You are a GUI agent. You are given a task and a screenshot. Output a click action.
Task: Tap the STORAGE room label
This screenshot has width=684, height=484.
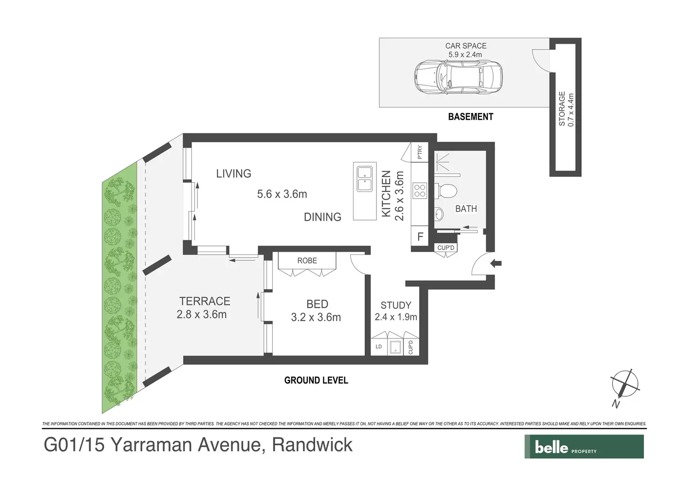(562, 109)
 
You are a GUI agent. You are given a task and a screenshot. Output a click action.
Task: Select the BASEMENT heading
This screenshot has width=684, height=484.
(471, 117)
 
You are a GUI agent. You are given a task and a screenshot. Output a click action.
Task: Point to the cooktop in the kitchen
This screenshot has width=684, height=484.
(420, 191)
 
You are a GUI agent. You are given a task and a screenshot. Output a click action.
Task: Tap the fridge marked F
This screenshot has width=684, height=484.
(420, 236)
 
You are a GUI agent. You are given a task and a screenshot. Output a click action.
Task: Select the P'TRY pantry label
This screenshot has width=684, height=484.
(420, 152)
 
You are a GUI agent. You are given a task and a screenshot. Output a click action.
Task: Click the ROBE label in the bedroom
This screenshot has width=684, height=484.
(307, 261)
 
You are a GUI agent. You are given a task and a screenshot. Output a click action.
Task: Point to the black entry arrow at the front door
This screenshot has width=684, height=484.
(495, 263)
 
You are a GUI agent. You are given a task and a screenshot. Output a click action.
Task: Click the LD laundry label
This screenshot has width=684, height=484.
(379, 346)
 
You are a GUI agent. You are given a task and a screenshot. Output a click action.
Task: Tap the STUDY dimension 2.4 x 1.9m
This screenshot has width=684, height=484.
(396, 317)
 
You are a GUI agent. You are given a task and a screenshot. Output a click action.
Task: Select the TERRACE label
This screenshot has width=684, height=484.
(204, 301)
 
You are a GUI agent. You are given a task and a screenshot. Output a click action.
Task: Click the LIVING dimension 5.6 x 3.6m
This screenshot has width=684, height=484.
(282, 194)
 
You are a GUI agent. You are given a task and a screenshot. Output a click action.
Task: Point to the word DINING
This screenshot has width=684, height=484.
(322, 217)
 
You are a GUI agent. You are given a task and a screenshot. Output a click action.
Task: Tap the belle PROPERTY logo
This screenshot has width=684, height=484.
(584, 447)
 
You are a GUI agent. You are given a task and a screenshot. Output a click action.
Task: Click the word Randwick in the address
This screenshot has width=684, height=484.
(312, 445)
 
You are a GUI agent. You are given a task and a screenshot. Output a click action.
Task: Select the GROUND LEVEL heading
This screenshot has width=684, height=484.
(316, 380)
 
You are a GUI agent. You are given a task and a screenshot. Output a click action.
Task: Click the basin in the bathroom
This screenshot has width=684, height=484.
(439, 214)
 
